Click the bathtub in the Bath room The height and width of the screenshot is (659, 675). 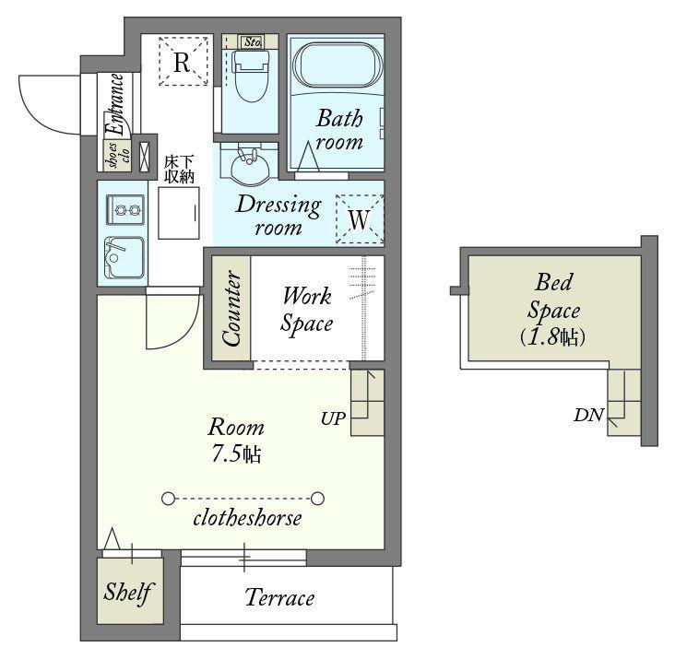337,65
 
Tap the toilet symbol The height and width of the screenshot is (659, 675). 251,74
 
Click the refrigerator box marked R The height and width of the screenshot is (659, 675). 184,62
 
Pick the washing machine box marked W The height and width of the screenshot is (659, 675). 360,219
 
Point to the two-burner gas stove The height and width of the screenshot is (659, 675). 125,209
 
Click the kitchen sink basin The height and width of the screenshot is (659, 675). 124,257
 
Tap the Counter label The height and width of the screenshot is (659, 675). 231,308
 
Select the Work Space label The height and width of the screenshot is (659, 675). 306,310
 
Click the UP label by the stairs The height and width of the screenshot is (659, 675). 333,418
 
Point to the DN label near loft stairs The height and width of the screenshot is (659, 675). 589,415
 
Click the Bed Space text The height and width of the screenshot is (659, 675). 554,297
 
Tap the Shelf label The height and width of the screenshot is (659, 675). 128,593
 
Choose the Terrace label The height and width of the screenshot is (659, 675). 279,597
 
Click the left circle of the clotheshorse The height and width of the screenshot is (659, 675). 169,499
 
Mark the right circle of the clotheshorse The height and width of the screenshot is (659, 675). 318,499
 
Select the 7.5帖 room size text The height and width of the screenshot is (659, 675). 236,453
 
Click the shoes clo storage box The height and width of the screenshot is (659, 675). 117,155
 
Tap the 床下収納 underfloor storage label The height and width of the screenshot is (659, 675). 179,170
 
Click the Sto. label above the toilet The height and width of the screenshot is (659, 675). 253,42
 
